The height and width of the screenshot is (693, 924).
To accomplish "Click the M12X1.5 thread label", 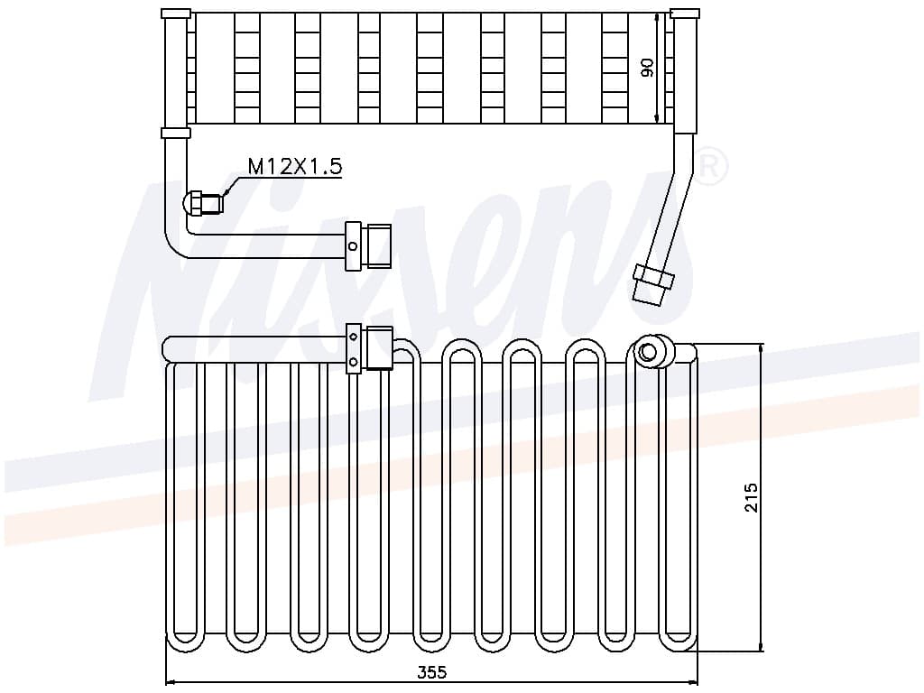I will click(295, 166).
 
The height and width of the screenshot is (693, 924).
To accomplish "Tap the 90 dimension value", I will click(647, 68).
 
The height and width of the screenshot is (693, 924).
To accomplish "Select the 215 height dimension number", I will click(752, 497).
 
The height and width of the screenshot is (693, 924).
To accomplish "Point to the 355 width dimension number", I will click(432, 672).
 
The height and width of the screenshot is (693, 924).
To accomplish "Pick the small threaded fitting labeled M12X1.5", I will click(204, 203).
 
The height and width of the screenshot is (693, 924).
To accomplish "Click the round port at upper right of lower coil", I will click(647, 353).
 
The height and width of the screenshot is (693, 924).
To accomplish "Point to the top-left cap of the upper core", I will click(176, 14).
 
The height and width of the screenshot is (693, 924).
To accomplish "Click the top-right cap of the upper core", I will click(686, 14).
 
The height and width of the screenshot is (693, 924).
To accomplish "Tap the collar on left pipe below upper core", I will click(176, 134).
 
